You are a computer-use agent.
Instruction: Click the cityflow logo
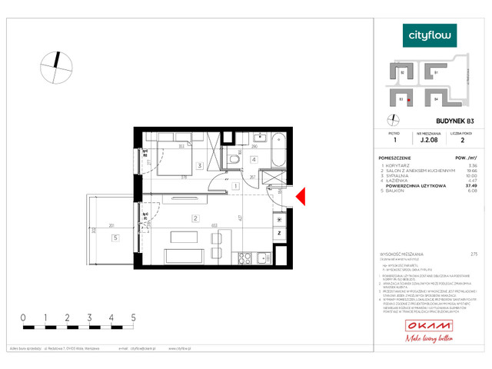[x=430, y=35]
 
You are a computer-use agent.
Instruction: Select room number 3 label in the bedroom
[x=198, y=165]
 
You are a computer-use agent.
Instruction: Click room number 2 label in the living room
[x=195, y=219]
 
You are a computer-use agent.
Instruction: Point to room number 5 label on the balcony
[x=115, y=238]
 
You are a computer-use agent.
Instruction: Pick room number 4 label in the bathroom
[x=253, y=160]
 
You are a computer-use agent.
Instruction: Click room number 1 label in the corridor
[x=232, y=185]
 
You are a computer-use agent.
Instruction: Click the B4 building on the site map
[x=435, y=98]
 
